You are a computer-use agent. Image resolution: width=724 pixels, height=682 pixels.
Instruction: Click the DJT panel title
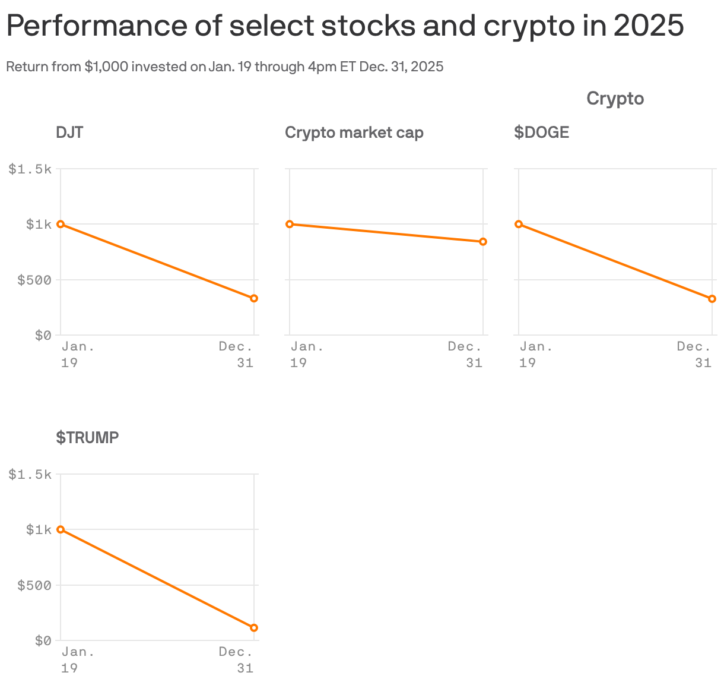click(69, 132)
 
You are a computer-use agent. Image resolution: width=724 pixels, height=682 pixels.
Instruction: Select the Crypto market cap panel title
click(354, 132)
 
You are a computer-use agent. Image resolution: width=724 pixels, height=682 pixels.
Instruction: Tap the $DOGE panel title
click(541, 132)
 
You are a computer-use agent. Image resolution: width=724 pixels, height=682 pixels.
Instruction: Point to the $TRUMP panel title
click(87, 438)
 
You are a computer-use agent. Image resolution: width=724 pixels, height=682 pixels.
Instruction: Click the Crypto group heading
click(615, 99)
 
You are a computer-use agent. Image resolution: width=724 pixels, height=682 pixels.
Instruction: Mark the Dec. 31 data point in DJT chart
click(254, 298)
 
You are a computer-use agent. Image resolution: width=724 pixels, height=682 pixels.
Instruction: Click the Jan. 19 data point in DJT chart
click(61, 224)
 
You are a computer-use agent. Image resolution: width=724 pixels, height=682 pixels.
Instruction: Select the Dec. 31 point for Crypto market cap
click(483, 242)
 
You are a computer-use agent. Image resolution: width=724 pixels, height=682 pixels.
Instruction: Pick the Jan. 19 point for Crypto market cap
click(290, 224)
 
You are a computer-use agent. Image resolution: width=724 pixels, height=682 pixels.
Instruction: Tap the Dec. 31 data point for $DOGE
click(712, 299)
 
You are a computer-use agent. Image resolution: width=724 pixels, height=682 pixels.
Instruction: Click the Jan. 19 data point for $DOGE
click(519, 224)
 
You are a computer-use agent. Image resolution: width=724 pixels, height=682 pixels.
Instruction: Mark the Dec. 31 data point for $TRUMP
click(254, 628)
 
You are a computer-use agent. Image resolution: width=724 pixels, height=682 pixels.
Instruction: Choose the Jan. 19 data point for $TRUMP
click(61, 529)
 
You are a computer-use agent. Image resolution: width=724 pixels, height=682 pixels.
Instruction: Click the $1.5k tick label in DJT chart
click(30, 169)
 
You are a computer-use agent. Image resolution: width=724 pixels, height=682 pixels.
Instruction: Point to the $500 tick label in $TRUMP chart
click(34, 586)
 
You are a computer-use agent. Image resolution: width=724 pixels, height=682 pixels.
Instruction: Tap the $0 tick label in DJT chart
click(43, 336)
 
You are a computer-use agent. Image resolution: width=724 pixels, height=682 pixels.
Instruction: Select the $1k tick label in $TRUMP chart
click(39, 530)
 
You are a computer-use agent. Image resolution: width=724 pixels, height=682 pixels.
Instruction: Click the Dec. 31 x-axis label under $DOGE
click(694, 355)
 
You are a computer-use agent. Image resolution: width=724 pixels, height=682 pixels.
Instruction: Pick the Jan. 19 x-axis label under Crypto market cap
click(307, 355)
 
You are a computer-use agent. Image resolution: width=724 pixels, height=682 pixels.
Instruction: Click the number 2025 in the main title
click(648, 26)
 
